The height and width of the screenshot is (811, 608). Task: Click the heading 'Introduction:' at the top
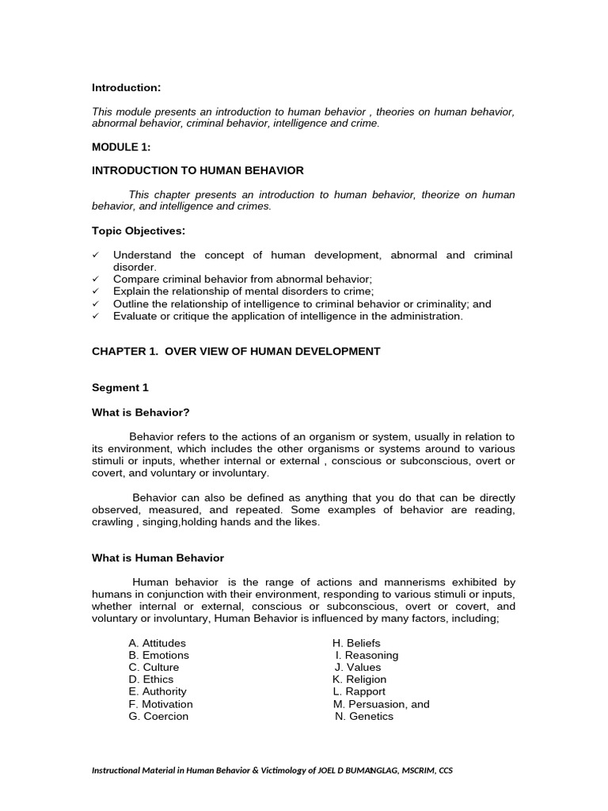click(x=127, y=87)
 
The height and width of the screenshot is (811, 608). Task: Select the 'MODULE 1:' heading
click(x=121, y=147)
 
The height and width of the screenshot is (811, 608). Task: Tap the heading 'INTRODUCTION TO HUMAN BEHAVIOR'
click(x=198, y=170)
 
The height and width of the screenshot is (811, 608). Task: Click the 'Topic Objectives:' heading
click(x=139, y=230)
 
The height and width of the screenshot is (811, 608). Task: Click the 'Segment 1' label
click(x=120, y=387)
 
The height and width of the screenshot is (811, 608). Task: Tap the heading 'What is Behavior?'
click(x=141, y=412)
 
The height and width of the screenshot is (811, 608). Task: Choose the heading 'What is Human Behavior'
click(x=158, y=558)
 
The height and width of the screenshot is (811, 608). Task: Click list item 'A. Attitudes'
click(x=157, y=643)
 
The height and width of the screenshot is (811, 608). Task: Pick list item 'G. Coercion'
click(x=158, y=716)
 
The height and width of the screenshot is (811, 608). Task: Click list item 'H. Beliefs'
click(x=356, y=643)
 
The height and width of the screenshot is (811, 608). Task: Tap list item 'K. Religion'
click(x=359, y=680)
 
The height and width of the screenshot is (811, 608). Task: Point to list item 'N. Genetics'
click(x=364, y=716)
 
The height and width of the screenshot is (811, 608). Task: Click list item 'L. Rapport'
click(x=357, y=691)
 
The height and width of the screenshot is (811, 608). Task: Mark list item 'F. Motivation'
click(x=161, y=704)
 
